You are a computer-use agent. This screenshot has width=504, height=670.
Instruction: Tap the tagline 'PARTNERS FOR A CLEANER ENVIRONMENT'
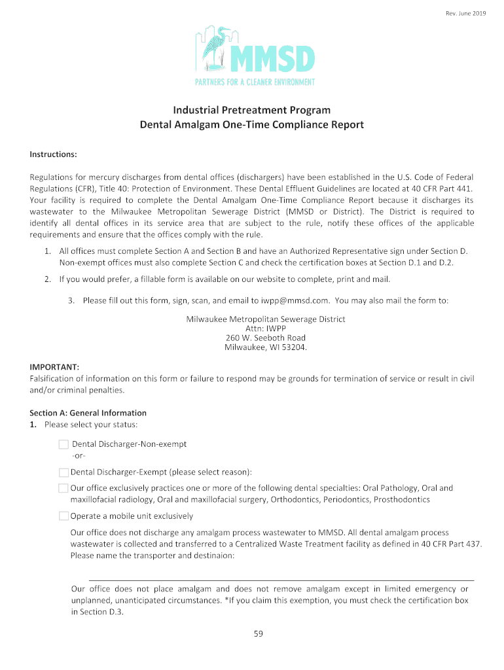coord(256,82)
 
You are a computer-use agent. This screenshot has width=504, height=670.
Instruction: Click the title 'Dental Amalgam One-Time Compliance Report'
coord(252,124)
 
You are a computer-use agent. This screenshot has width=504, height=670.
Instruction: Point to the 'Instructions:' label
coord(54,154)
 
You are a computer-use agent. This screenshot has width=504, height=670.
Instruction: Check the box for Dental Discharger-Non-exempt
coord(63,444)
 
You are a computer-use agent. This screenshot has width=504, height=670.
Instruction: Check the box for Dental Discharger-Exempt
coord(63,472)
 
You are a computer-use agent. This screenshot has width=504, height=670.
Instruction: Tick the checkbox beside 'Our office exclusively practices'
coord(63,488)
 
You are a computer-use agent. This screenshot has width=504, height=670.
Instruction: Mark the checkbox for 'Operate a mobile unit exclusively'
coord(63,516)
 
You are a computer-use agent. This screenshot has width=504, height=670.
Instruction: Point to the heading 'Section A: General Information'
coord(88,413)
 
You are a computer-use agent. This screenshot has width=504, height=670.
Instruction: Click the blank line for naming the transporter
coord(272,579)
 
